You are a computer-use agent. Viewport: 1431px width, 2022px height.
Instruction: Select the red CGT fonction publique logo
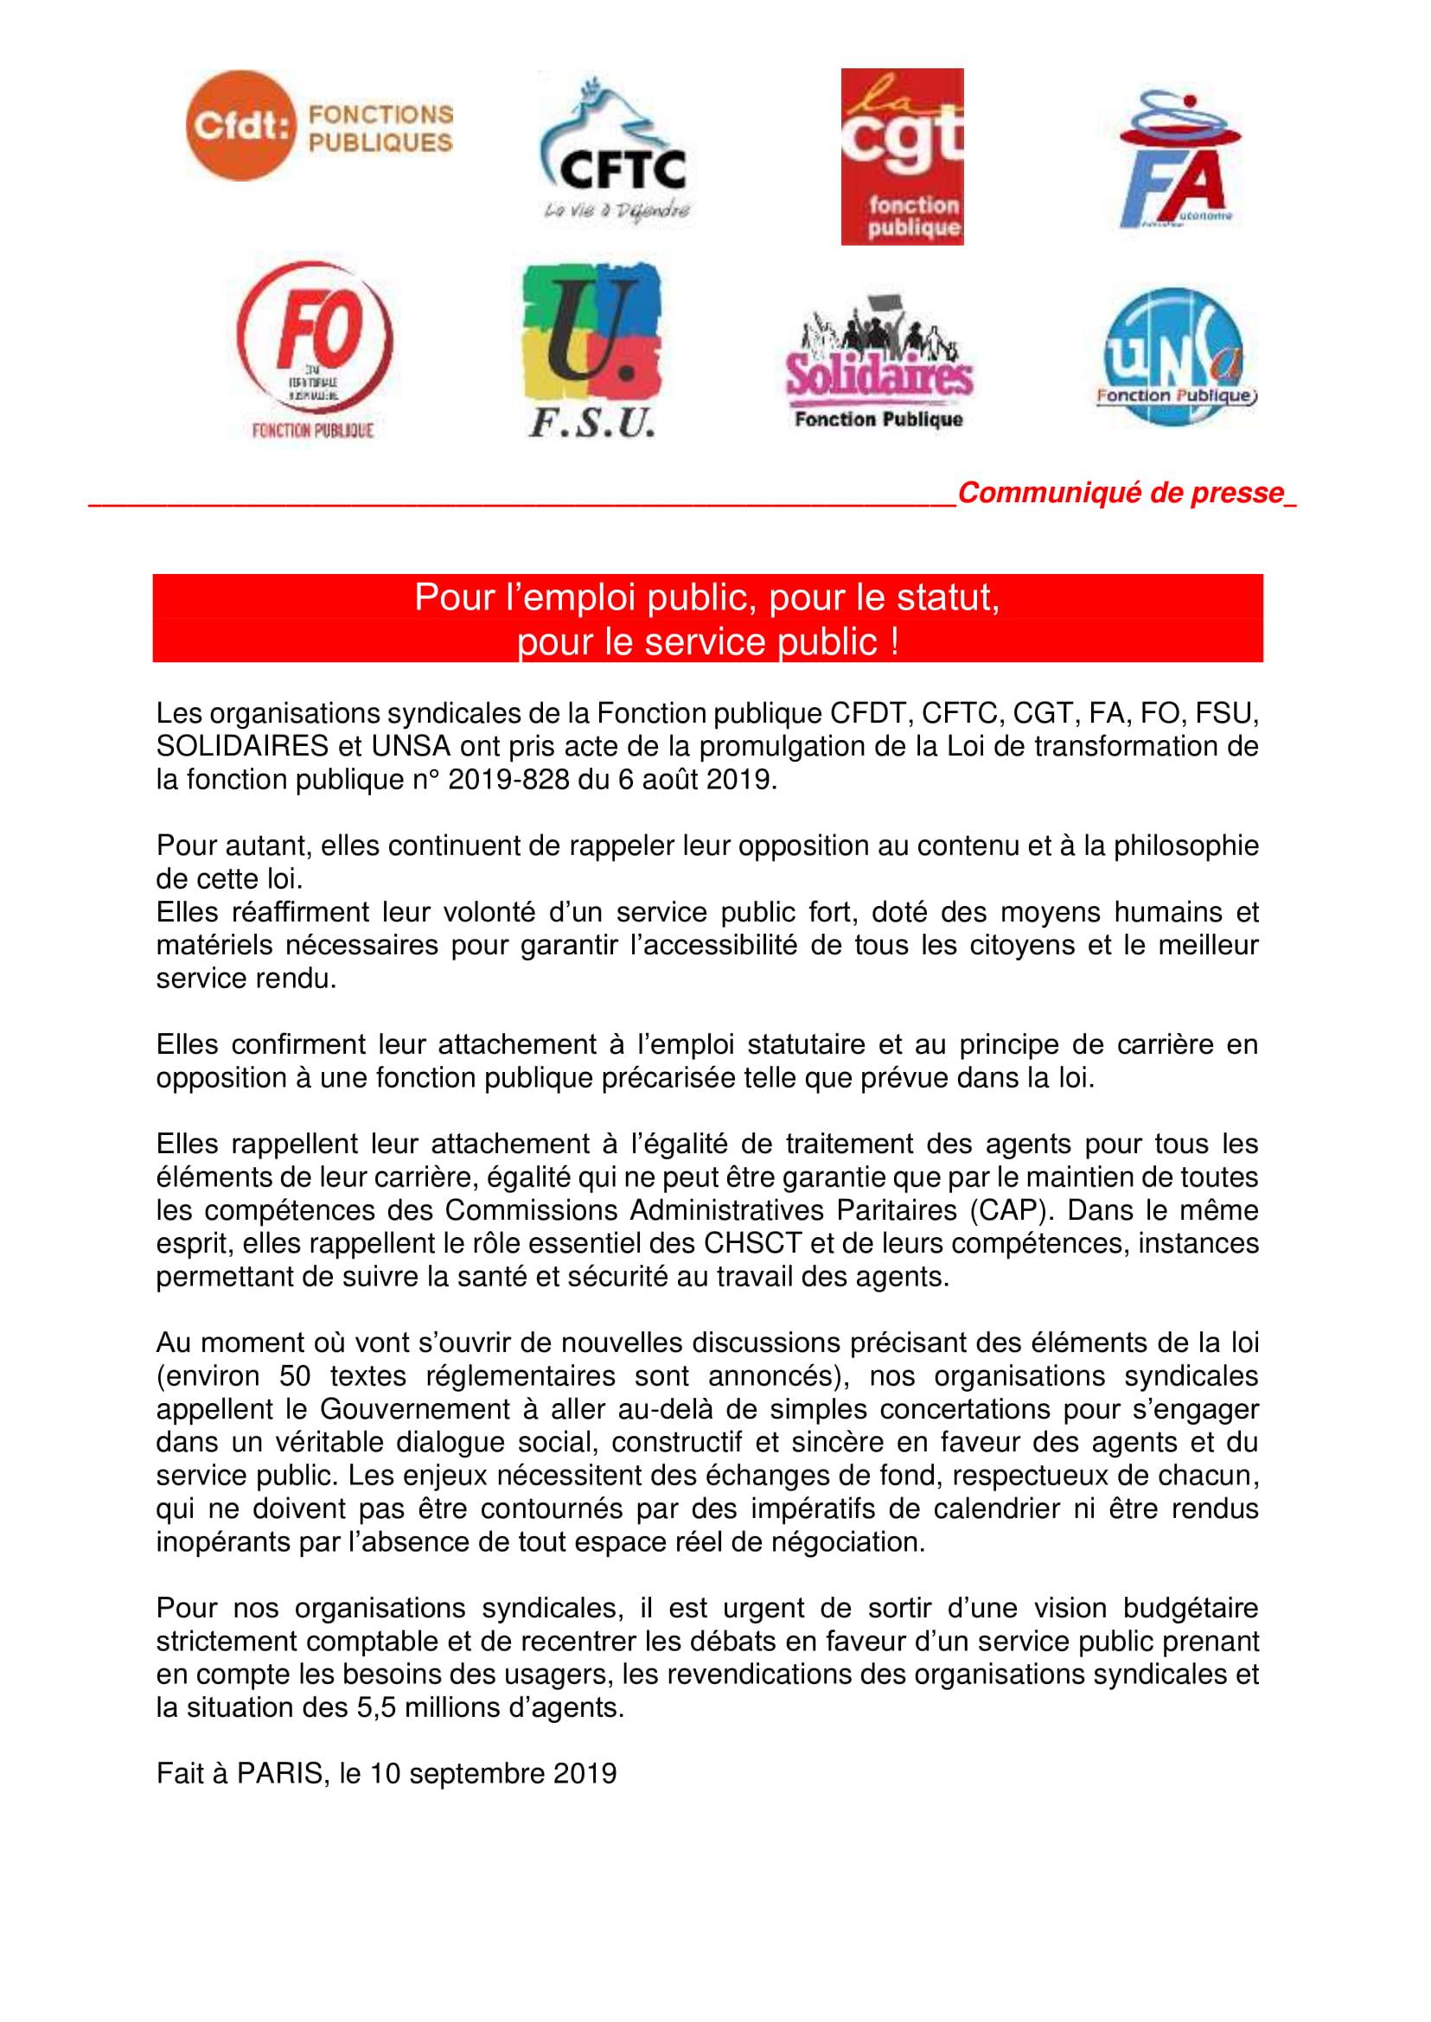coord(902,156)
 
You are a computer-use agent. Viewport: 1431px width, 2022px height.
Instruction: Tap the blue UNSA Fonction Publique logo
coord(1174,358)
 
